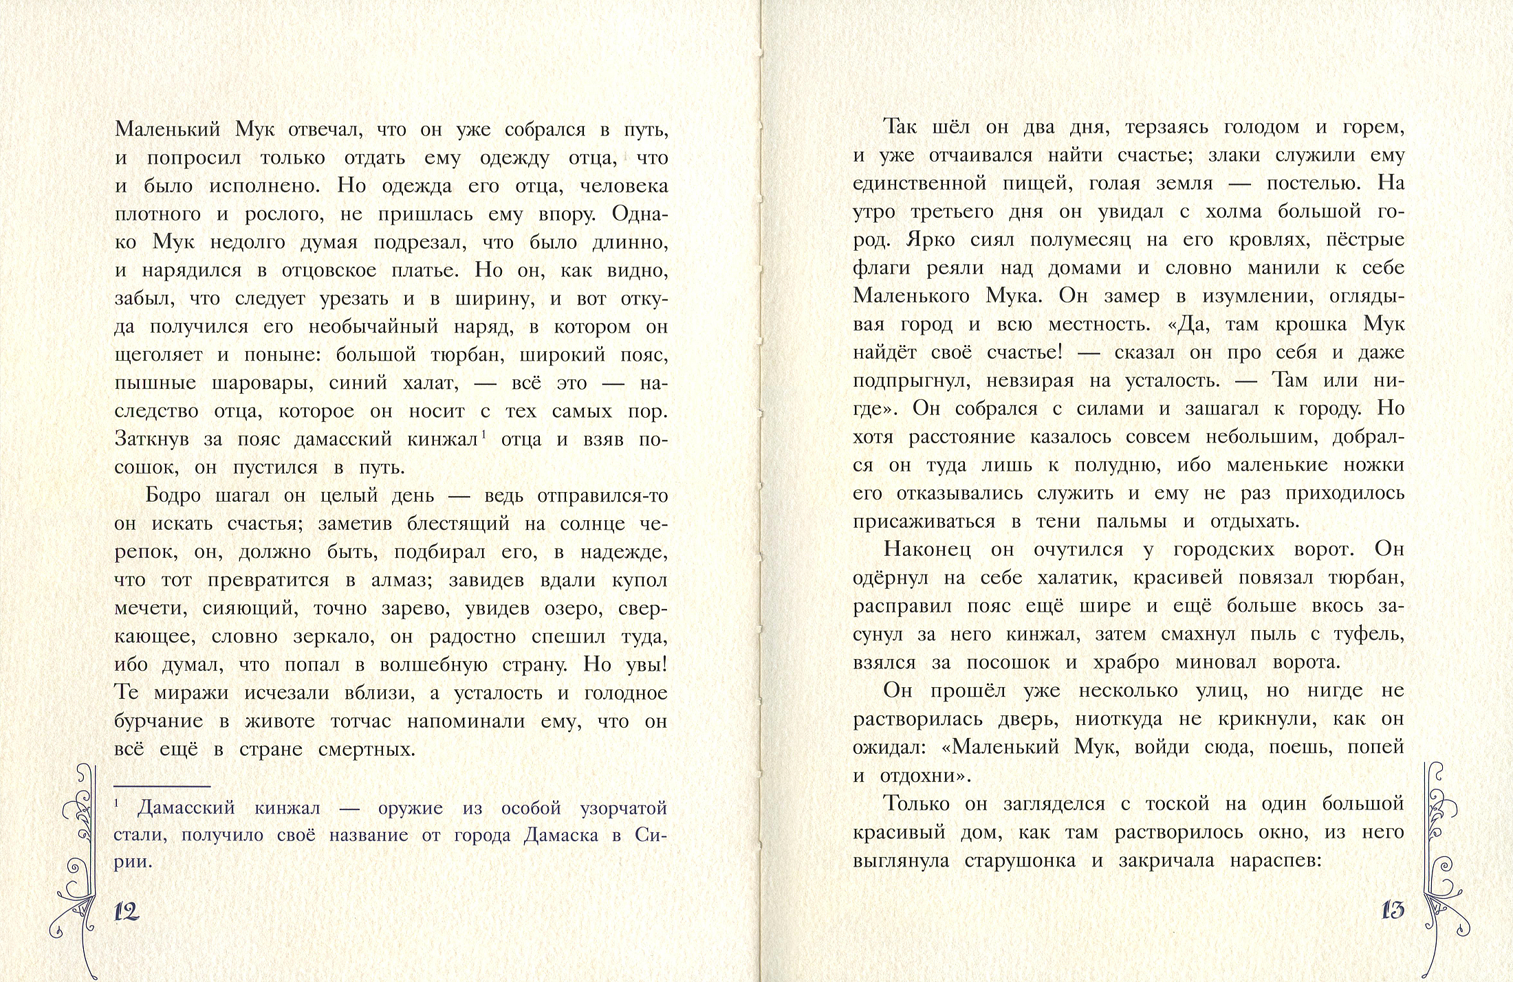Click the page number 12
click(127, 911)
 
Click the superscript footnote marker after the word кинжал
click(484, 433)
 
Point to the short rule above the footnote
click(162, 786)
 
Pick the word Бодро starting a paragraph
click(173, 495)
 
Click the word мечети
click(150, 609)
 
